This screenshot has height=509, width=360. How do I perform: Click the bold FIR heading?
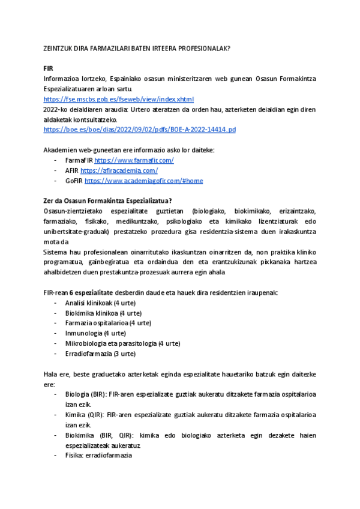pyautogui.click(x=49, y=69)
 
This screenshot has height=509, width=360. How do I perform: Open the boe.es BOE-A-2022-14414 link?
pyautogui.click(x=140, y=130)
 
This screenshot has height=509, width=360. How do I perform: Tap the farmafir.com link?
pyautogui.click(x=134, y=160)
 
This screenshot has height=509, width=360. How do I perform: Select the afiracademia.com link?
pyautogui.click(x=119, y=170)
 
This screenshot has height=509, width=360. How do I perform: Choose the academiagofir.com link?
pyautogui.click(x=143, y=181)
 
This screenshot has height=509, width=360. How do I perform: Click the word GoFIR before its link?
pyautogui.click(x=74, y=181)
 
